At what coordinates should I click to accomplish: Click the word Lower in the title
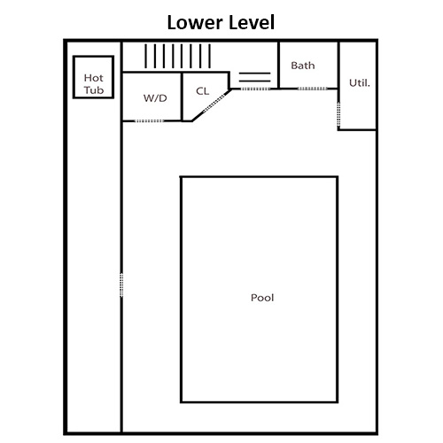click(x=195, y=23)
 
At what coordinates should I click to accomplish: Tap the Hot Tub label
click(x=94, y=84)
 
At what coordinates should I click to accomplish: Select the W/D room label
click(x=155, y=97)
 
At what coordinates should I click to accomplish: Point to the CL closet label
click(x=203, y=91)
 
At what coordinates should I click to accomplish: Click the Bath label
click(x=303, y=66)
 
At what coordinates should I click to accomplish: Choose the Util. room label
click(x=360, y=83)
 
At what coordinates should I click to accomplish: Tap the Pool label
click(x=262, y=298)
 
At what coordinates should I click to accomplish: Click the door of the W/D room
click(x=149, y=120)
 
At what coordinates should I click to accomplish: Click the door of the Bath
click(x=313, y=89)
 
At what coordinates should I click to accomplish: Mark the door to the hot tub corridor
click(x=121, y=284)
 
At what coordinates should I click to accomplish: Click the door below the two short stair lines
click(x=256, y=89)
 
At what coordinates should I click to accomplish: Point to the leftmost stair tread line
click(x=145, y=56)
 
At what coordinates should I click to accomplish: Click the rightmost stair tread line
click(x=209, y=56)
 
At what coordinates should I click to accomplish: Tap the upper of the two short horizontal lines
click(x=254, y=73)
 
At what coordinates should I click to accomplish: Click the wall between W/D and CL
click(x=182, y=97)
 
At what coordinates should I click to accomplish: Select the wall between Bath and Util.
click(x=338, y=66)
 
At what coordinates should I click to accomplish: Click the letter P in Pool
click(x=253, y=298)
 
